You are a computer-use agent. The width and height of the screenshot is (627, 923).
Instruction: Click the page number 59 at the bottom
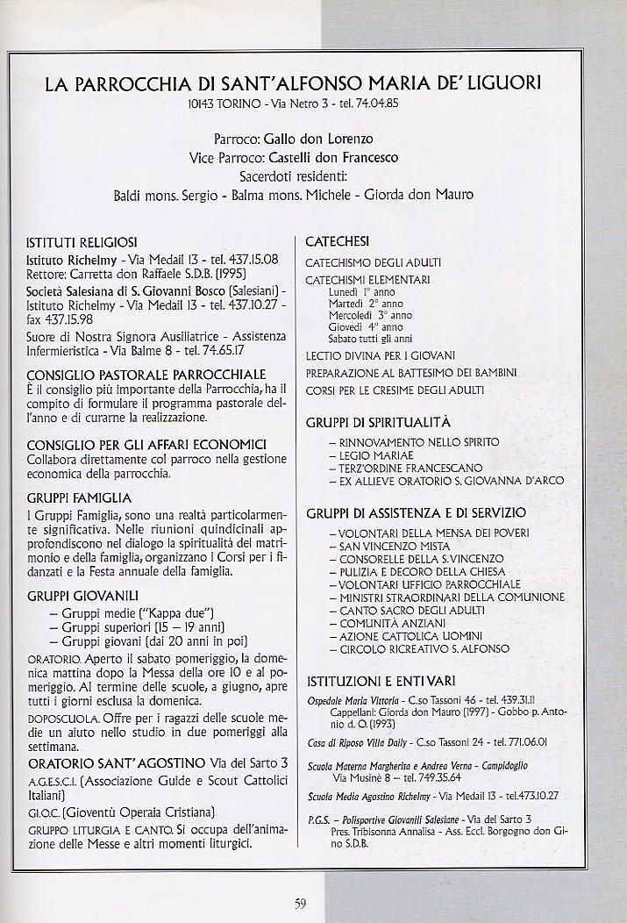click(300, 905)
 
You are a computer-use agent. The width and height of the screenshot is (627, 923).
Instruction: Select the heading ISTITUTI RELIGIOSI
click(82, 241)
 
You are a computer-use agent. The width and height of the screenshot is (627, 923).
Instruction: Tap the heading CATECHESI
click(337, 241)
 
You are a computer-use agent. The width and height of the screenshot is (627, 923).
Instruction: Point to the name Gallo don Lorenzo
click(318, 139)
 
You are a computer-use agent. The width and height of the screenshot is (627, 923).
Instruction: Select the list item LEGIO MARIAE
click(376, 456)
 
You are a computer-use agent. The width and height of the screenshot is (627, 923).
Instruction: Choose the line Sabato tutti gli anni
click(370, 339)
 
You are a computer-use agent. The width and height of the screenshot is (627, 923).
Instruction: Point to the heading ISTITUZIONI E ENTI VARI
click(381, 681)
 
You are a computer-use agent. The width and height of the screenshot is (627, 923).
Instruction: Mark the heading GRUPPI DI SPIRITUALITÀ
click(378, 422)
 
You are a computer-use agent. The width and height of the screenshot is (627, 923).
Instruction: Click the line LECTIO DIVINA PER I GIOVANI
click(380, 356)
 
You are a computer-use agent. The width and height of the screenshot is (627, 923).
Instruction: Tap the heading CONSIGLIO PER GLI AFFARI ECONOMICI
click(146, 445)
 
